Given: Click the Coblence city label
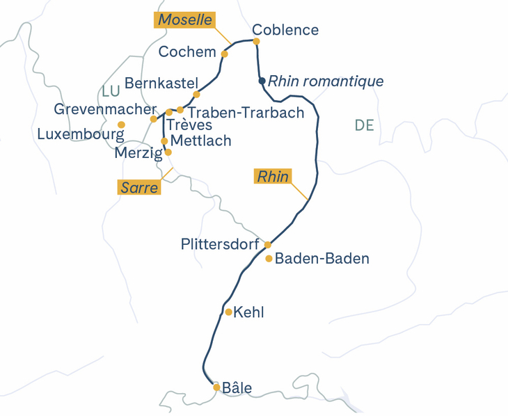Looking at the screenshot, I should click(285, 30).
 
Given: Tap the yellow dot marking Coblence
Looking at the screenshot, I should click(256, 41).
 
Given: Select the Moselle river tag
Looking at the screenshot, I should click(184, 19).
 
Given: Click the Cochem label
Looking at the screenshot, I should click(187, 52).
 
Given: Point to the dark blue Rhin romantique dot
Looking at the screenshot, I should click(262, 81).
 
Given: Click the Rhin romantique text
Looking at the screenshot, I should click(326, 81).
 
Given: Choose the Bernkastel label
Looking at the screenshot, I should click(162, 83).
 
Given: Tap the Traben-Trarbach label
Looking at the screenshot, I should click(246, 113).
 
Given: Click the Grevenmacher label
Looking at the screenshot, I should click(105, 110).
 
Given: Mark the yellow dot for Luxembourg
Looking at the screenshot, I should click(121, 125).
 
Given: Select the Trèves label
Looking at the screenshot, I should click(190, 125).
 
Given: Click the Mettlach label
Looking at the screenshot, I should click(200, 141).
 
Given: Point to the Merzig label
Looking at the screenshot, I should click(138, 152).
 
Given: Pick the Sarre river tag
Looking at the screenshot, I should click(139, 187).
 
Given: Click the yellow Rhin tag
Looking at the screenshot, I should click(273, 177).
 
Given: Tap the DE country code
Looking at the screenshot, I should click(364, 125).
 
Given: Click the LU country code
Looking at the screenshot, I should click(111, 92).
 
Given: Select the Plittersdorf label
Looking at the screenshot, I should click(221, 245).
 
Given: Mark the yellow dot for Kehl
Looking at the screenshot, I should click(228, 312).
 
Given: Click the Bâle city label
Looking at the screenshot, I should click(237, 388).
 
